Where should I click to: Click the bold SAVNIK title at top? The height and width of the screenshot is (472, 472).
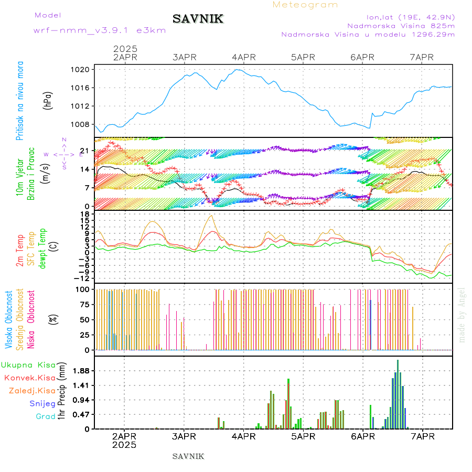click(x=198, y=19)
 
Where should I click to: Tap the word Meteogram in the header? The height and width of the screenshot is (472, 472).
click(x=305, y=5)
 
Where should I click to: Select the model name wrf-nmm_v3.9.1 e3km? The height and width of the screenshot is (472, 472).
click(x=100, y=30)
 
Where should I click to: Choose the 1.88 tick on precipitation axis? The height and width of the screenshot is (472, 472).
click(x=80, y=371)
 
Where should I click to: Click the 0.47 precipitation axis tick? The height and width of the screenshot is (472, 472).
click(x=80, y=414)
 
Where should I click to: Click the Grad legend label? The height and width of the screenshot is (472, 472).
click(x=46, y=417)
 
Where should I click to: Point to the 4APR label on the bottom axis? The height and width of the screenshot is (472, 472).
click(x=243, y=436)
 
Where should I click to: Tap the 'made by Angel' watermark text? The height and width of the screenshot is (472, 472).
click(x=462, y=315)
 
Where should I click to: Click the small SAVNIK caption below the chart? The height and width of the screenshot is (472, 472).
click(x=188, y=456)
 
